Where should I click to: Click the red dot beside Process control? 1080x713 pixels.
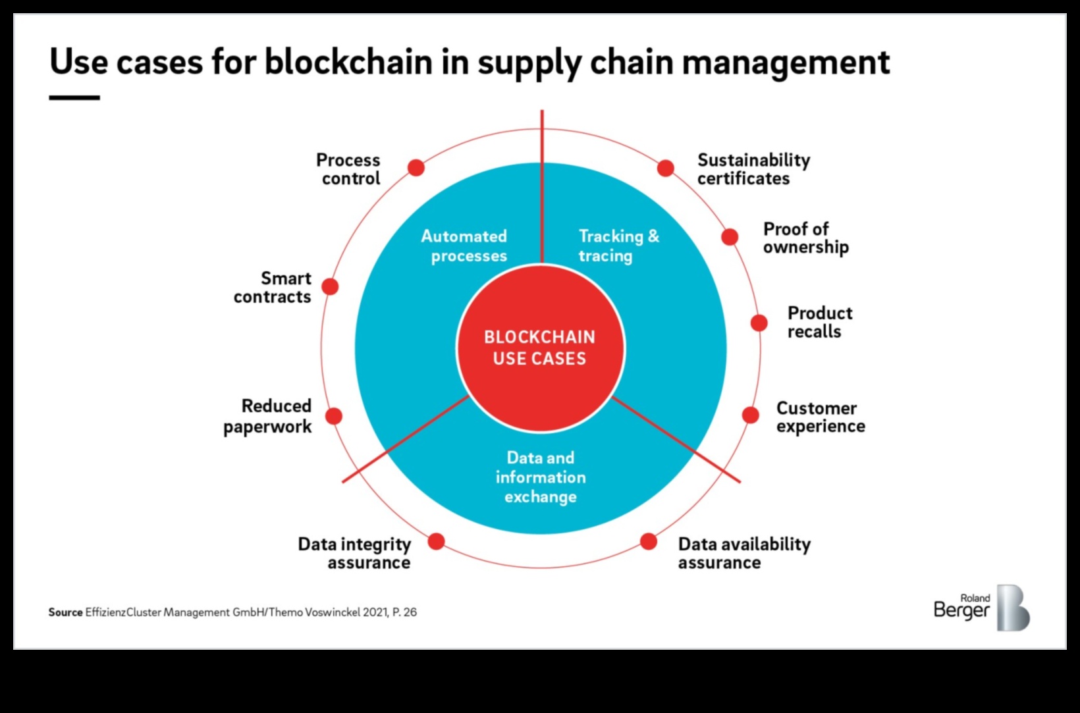(416, 168)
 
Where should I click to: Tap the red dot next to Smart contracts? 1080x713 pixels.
(330, 286)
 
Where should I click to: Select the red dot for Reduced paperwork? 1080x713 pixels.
(334, 416)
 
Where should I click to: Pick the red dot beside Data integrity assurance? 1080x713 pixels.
(436, 542)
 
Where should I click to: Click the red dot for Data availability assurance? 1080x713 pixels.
(649, 542)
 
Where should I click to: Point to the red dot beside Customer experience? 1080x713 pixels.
(751, 415)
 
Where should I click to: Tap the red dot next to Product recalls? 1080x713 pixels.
(759, 323)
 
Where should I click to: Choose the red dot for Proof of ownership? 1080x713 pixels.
(730, 237)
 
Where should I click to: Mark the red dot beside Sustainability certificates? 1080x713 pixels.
(666, 169)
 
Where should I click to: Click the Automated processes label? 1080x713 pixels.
(464, 246)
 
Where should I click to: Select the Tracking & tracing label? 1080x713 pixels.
(618, 246)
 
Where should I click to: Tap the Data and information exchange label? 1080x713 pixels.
(541, 477)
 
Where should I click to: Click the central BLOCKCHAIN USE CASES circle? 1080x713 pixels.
(540, 348)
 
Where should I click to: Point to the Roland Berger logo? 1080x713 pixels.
(981, 607)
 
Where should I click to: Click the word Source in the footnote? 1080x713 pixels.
(65, 612)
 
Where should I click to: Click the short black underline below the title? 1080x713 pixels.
(74, 97)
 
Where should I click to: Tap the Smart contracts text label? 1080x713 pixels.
(273, 288)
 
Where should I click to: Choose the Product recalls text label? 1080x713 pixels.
(819, 322)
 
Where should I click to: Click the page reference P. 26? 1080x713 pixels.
(404, 612)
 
